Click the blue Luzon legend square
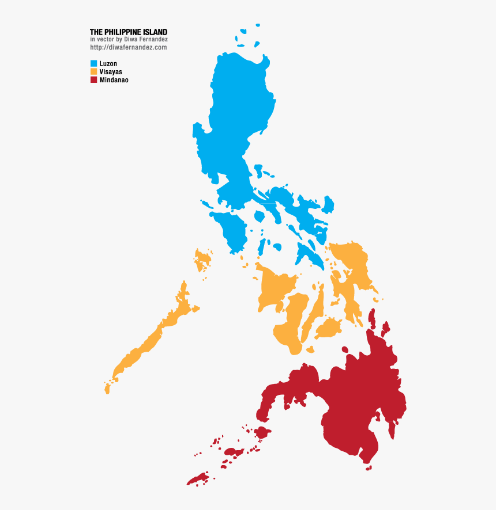click(93, 63)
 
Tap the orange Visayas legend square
click(93, 71)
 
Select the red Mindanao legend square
click(93, 80)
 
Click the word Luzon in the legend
click(108, 63)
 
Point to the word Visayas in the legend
click(111, 71)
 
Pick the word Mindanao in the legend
click(114, 80)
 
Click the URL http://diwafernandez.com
click(128, 47)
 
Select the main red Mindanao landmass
click(358, 403)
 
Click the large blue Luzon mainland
click(236, 115)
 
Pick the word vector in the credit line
click(104, 39)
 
